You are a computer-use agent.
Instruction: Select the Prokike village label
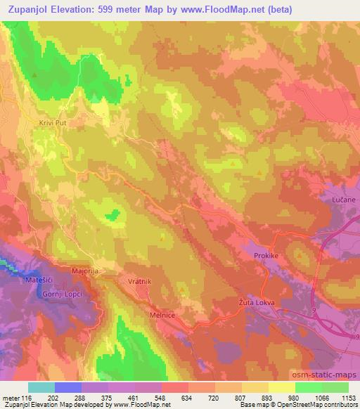266,256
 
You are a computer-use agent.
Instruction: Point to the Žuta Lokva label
255,302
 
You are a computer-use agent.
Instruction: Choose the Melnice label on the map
163,316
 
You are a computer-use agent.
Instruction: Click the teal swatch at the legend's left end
41,387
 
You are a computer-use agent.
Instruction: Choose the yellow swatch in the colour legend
281,387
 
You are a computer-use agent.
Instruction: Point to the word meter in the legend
13,398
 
